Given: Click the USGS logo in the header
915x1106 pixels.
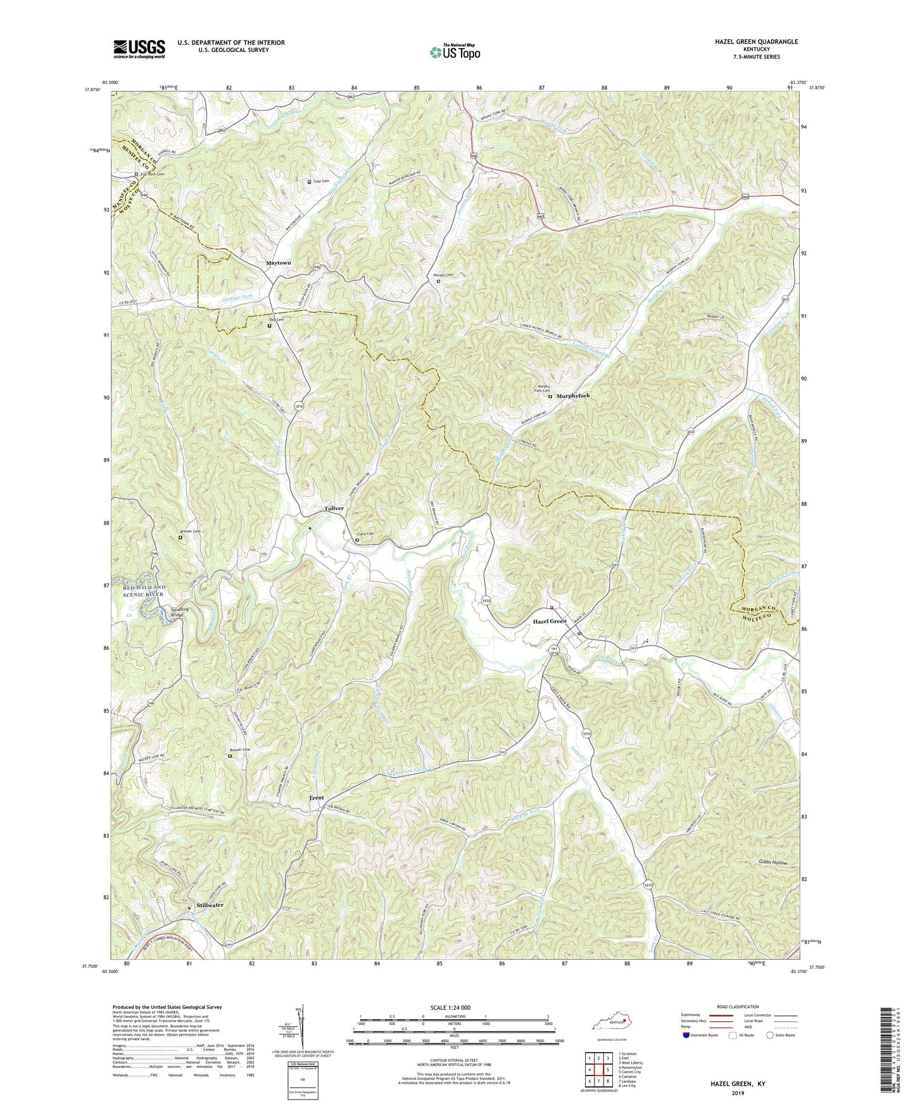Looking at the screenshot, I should [139, 48].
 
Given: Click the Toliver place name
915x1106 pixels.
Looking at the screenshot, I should [334, 509].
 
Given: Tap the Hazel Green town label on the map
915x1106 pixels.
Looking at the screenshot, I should [549, 621].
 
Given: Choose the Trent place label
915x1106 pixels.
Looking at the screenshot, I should [316, 798].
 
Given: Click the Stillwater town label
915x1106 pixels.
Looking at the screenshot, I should [209, 905].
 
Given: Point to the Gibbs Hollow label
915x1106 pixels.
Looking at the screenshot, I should [772, 863].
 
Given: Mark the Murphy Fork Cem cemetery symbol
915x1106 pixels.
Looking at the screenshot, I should [550, 397].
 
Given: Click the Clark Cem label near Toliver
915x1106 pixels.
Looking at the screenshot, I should [366, 534].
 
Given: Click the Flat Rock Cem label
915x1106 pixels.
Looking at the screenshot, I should [152, 174].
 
